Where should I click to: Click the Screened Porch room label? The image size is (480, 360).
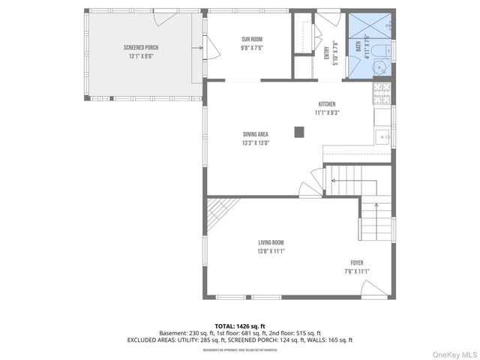(141, 47)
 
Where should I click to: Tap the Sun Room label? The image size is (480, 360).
(252, 39)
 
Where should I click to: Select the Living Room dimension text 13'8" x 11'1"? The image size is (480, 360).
(271, 251)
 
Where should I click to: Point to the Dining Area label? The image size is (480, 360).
(256, 134)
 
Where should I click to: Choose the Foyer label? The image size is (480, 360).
(357, 262)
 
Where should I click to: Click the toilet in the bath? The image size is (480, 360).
(381, 50)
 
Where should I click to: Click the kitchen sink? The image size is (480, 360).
(382, 136)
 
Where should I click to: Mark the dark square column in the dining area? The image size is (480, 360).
(299, 132)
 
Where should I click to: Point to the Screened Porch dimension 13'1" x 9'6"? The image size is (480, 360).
(141, 55)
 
